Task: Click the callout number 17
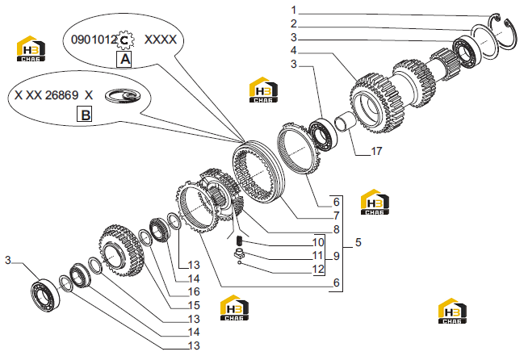[x=376, y=151]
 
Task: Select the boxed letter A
[x=124, y=59]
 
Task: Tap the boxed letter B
[x=85, y=115]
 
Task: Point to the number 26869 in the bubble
[x=61, y=95]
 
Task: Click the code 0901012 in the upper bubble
[x=94, y=40]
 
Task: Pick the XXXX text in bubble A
[x=161, y=40]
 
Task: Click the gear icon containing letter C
[x=124, y=40]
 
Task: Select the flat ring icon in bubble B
[x=123, y=96]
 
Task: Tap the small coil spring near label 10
[x=239, y=240]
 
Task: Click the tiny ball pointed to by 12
[x=240, y=262]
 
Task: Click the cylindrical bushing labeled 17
[x=345, y=121]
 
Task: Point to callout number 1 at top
[x=294, y=10]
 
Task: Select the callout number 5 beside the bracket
[x=358, y=242]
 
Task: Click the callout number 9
[x=337, y=256]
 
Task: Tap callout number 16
[x=194, y=291]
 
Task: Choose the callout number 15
[x=194, y=305]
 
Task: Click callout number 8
[x=337, y=229]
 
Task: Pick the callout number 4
[x=293, y=50]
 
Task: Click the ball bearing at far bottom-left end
[x=46, y=295]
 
